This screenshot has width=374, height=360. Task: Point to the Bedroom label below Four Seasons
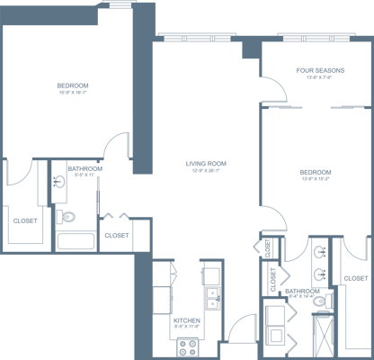point(316,174)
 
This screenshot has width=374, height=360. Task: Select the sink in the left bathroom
point(59,183)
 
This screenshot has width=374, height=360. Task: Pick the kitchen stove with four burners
point(187,343)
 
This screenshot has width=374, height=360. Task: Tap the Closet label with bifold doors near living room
point(116,236)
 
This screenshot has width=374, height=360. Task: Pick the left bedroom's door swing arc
point(115,148)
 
